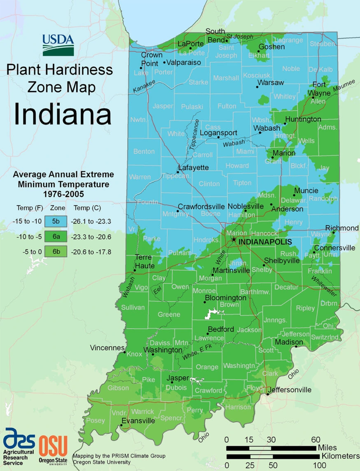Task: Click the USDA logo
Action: [x=58, y=44]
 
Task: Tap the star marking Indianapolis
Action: [x=234, y=239]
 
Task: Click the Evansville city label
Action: [x=138, y=421]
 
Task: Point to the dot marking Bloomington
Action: [x=204, y=302]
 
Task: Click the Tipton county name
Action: [x=242, y=183]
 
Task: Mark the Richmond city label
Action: [x=341, y=228]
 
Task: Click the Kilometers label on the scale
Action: [x=340, y=457]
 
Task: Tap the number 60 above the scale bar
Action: [x=316, y=439]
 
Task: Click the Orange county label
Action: [x=207, y=367]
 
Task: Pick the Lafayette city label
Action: [x=193, y=168]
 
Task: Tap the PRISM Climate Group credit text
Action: [x=119, y=456]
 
